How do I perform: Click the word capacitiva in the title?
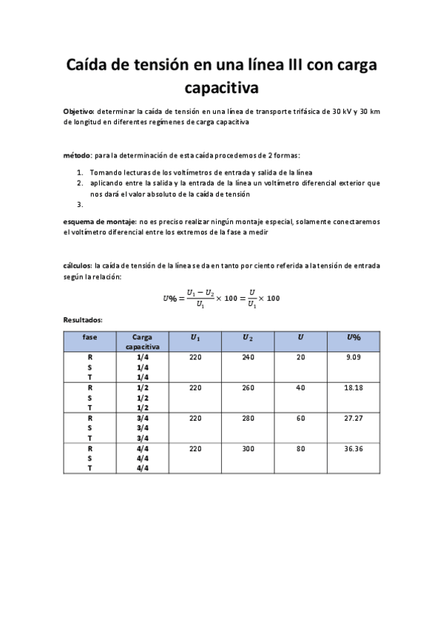point(221,89)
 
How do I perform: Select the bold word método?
point(77,156)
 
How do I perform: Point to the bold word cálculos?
point(77,265)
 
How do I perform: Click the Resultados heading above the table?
point(83,320)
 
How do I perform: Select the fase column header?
point(89,337)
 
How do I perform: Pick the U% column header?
point(354,337)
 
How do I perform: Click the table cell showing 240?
point(248,358)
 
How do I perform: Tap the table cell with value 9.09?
point(354,358)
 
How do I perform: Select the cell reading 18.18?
point(354,387)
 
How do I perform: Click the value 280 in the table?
point(248,418)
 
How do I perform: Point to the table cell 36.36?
point(354,448)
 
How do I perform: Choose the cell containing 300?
point(248,448)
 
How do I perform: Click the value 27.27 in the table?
point(354,418)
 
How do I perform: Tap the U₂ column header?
point(248,337)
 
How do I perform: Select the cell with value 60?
point(300,418)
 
